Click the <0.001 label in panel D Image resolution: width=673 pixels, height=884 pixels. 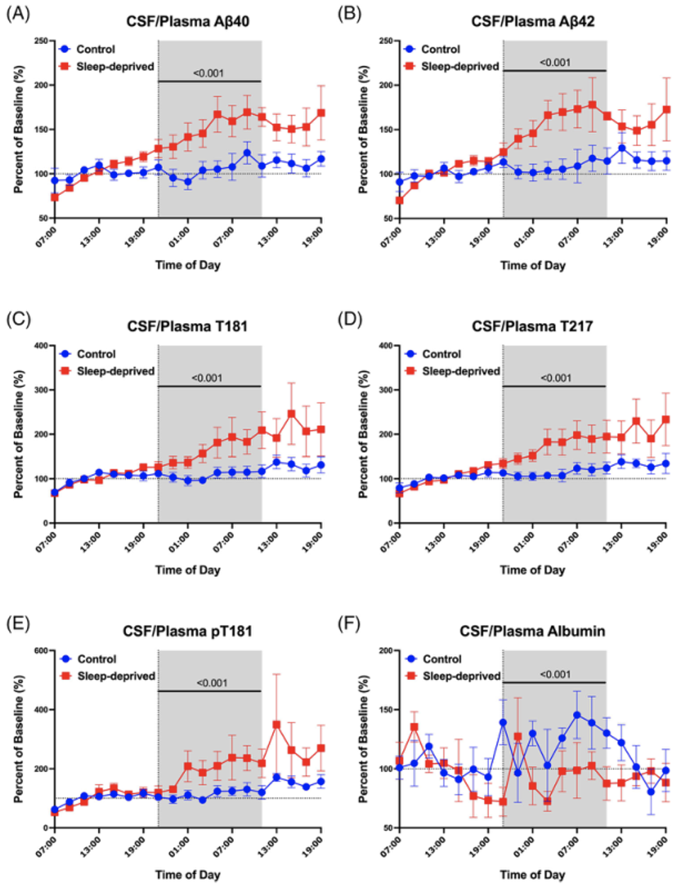click(x=554, y=378)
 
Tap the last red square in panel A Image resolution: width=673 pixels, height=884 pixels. click(x=322, y=113)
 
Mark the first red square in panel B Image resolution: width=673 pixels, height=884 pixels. click(x=399, y=200)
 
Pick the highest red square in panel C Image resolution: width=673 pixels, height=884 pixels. click(x=291, y=414)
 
